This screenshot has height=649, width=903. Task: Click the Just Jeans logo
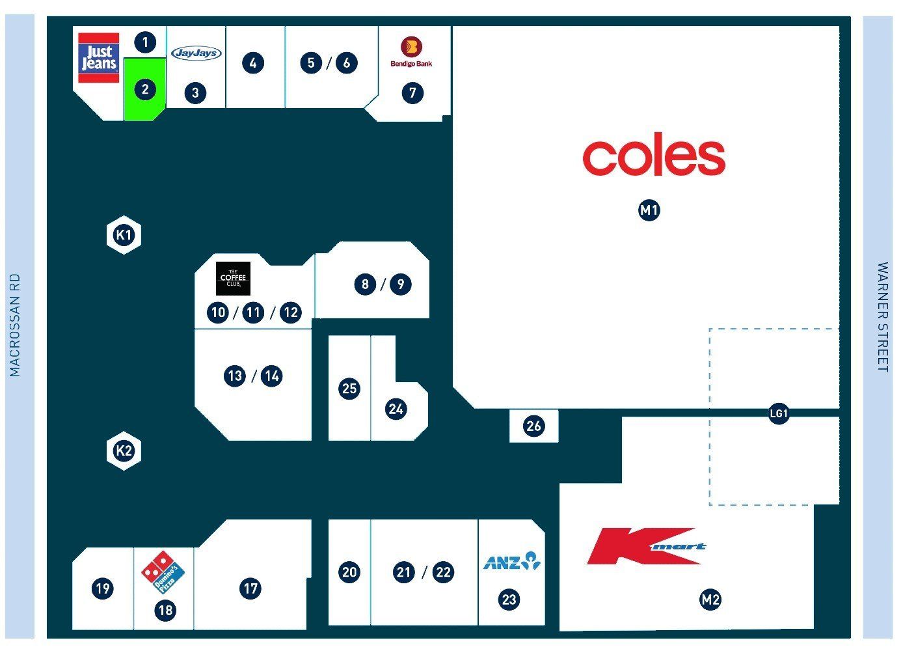[x=99, y=58]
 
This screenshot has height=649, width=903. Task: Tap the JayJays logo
[x=196, y=53]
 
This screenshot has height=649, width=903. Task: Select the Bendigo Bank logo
[x=412, y=52]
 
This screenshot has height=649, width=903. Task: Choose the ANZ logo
[x=512, y=560]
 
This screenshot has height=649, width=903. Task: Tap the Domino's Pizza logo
[x=163, y=572]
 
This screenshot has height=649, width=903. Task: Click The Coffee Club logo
[x=233, y=279]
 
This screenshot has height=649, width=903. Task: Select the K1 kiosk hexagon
[x=124, y=235]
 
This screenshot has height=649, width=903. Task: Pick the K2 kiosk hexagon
[x=124, y=450]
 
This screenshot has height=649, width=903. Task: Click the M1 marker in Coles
[x=649, y=210]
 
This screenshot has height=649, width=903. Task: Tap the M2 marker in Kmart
[x=710, y=600]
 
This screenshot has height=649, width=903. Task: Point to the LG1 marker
[x=779, y=413]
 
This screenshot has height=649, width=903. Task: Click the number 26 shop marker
[x=533, y=426]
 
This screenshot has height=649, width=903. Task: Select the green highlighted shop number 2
[x=145, y=89]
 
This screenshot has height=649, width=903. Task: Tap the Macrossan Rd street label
[x=14, y=325]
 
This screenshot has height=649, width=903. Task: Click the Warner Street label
[x=883, y=317]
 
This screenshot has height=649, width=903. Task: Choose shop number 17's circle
[x=250, y=588]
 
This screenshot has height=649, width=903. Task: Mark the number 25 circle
[x=349, y=389]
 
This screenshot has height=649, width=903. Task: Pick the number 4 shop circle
[x=253, y=63]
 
